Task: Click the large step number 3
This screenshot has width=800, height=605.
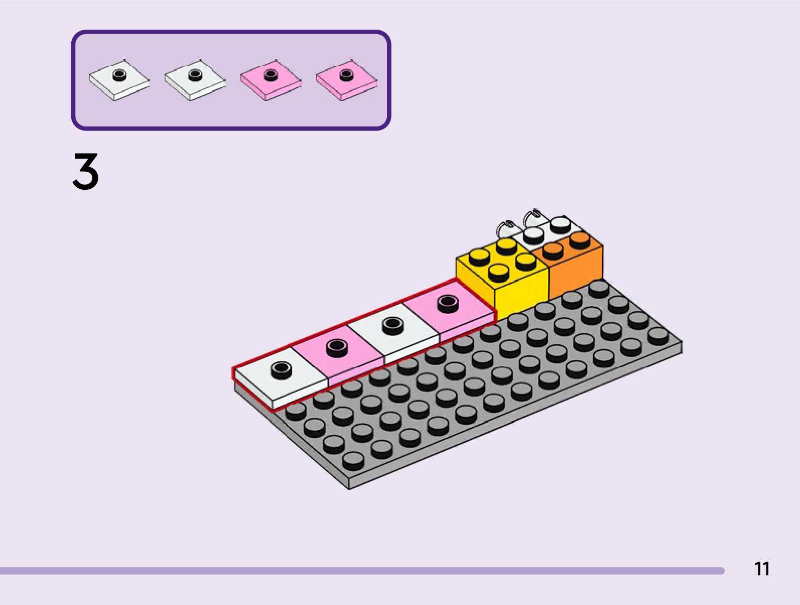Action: click(85, 172)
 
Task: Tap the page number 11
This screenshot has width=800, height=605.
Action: click(761, 569)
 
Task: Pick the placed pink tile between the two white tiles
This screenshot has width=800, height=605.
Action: click(337, 354)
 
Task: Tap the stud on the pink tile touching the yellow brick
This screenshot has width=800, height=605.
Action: click(448, 302)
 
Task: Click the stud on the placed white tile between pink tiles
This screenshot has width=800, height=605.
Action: click(392, 325)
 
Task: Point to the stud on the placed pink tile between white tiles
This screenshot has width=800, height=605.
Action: click(337, 346)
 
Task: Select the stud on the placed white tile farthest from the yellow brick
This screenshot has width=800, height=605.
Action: click(281, 370)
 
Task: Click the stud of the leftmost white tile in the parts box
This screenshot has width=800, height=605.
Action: click(119, 75)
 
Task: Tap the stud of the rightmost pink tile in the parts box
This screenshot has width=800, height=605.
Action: click(346, 75)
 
